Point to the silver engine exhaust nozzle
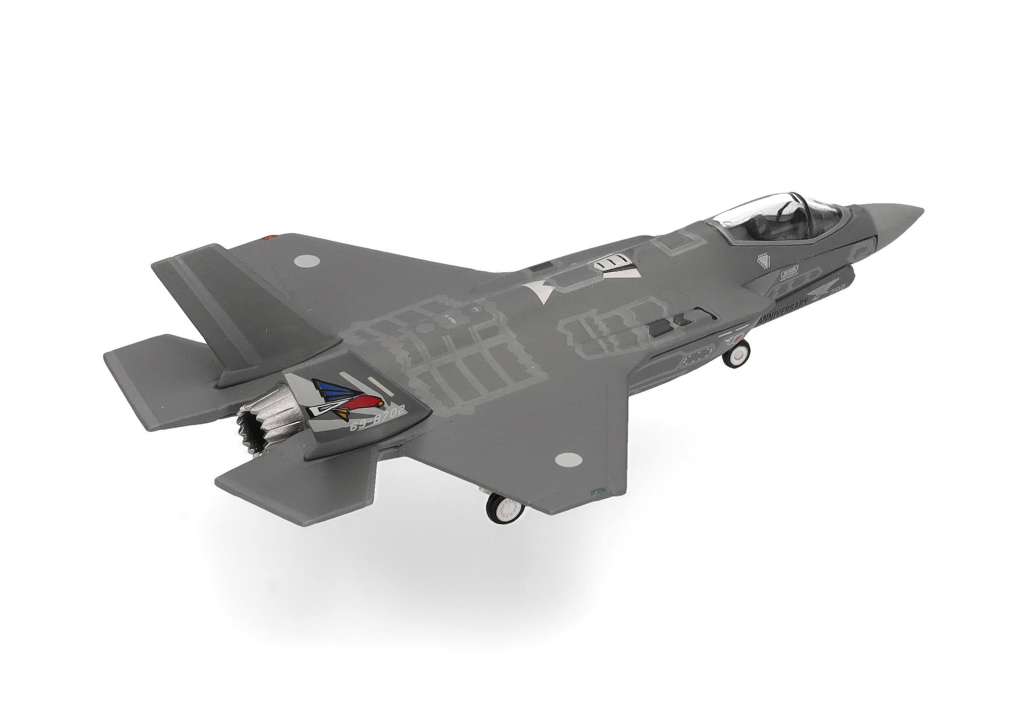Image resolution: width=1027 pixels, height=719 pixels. point(265,422)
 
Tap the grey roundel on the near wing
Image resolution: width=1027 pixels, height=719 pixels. point(568,459)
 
